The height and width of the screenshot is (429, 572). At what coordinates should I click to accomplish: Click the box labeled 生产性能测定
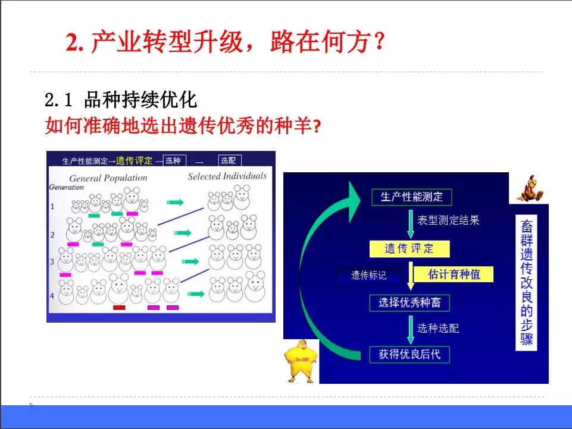click(x=411, y=197)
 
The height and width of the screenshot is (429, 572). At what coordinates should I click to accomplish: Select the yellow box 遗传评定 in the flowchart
click(x=410, y=249)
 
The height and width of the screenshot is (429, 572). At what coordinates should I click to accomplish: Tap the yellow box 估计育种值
click(x=454, y=274)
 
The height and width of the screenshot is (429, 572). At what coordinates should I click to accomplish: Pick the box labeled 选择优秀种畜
click(x=410, y=302)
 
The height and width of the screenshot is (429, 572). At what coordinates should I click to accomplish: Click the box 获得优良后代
click(x=410, y=354)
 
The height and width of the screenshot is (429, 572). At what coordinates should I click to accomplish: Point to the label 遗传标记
click(x=368, y=275)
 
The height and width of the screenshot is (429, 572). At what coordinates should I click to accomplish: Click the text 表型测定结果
click(x=448, y=220)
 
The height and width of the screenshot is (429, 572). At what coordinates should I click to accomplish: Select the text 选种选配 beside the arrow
click(x=437, y=329)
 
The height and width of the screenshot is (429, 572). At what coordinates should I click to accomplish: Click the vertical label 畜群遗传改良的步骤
click(x=526, y=283)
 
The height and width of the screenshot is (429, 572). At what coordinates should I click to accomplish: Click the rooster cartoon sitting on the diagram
click(x=530, y=188)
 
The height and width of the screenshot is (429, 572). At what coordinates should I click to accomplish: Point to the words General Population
click(x=108, y=178)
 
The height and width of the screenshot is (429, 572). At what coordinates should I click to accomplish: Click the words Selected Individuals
click(x=227, y=176)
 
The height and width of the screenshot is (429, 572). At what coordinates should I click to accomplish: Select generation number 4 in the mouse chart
click(x=52, y=296)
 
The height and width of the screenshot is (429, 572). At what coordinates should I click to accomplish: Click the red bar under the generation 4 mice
click(x=119, y=308)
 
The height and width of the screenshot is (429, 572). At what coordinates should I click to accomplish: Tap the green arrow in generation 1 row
click(x=175, y=203)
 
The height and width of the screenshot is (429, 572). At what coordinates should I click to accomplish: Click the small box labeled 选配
click(x=230, y=160)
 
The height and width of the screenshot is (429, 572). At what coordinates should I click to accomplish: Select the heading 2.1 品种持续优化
click(x=121, y=100)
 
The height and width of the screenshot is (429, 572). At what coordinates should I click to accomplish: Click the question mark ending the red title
click(x=380, y=41)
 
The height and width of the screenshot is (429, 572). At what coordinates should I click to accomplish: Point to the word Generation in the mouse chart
click(x=67, y=187)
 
